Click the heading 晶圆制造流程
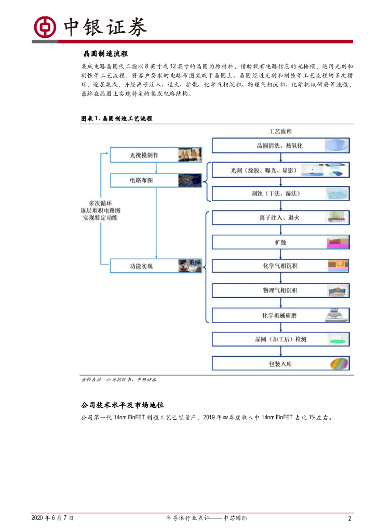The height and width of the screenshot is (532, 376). [105, 54]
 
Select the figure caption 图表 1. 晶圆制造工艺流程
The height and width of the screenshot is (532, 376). [116, 118]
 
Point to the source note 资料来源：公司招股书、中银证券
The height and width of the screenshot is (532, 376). [119, 380]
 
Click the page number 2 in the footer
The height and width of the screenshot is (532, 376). [350, 518]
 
